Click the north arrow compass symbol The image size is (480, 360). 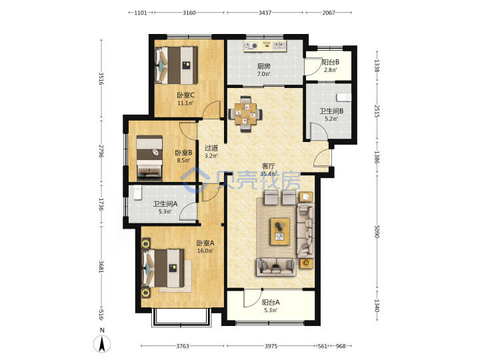(102, 344)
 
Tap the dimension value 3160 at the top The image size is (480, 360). (189, 13)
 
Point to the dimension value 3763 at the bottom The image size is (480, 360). (183, 346)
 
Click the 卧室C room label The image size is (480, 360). (185, 95)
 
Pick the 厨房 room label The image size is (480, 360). (263, 66)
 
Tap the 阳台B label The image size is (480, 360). (330, 62)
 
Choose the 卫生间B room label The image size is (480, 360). (331, 111)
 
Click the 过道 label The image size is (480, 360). (211, 148)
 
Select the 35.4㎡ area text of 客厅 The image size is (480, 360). (267, 174)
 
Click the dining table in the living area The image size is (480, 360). (245, 114)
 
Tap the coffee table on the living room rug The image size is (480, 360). (280, 231)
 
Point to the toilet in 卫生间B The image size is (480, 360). (343, 97)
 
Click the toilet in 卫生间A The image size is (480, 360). (138, 193)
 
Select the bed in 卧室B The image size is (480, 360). (149, 158)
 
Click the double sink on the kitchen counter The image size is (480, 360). (279, 46)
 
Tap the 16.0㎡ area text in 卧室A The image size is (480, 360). (205, 251)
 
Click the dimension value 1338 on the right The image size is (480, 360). (377, 66)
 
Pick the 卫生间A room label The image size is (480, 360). (165, 203)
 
